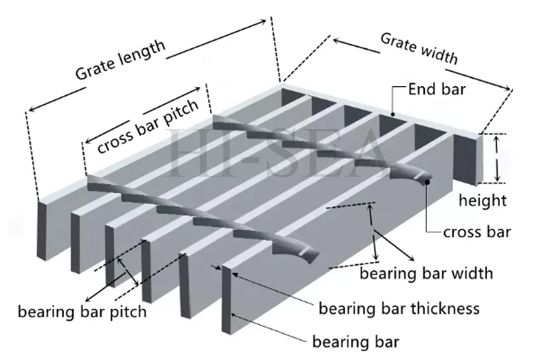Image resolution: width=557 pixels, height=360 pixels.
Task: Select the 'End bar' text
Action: [x=437, y=91]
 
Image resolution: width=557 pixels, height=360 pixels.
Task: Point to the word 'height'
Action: [x=483, y=200]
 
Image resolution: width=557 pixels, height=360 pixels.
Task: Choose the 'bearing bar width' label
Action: [x=426, y=273]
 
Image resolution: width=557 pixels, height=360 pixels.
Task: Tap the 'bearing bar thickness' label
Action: [x=398, y=307]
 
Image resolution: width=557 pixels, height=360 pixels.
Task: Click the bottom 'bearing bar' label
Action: [x=356, y=342]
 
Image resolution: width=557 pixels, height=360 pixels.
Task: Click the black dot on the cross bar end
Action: [x=429, y=181]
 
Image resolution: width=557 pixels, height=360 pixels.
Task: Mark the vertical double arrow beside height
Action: [x=498, y=157]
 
